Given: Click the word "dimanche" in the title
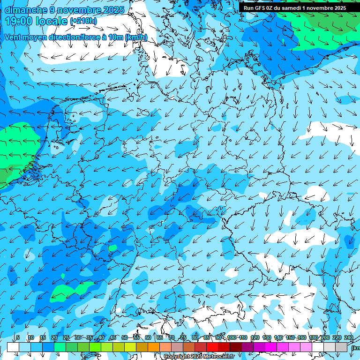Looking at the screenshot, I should coord(26,10).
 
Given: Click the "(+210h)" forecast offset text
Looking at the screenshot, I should coord(83,21).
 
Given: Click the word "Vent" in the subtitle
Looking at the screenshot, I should coord(13,37).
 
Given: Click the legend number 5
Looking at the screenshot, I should coord(18,337).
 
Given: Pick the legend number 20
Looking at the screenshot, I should coord(54,337).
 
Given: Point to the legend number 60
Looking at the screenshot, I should coord(148,337).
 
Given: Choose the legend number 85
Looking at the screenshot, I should coord(207,337).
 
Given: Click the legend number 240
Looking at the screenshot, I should coord(349,337).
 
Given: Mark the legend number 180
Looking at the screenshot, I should coord(313,337).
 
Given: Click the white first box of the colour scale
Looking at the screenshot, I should coord(13,347).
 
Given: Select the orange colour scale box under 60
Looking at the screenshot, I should coord(154,347).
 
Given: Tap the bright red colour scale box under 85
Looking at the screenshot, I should coord(212,347).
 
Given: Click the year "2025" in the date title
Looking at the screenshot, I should coord(112,10).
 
